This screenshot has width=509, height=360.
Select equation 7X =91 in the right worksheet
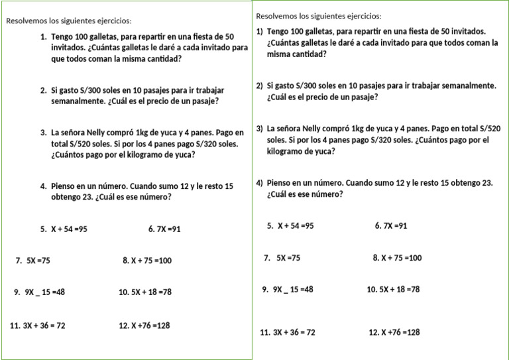396,226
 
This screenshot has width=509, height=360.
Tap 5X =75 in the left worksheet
38,261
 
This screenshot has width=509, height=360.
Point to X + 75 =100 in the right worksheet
401,258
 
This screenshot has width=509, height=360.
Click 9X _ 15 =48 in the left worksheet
45,292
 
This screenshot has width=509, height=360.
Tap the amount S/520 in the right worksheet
488,129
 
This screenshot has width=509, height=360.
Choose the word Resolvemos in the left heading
26,21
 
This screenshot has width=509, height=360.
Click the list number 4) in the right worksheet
260,183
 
